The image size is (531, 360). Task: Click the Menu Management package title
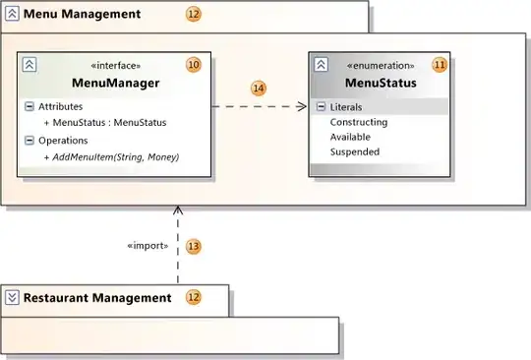82,14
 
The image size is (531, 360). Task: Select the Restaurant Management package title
97,298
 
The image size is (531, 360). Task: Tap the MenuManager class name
115,83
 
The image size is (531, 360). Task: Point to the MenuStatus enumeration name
381,83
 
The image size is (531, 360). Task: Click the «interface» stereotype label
115,65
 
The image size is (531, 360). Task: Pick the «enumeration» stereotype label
381,65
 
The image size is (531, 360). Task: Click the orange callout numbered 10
194,65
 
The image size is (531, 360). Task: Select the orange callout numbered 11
440,65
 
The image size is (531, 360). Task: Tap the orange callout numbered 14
259,89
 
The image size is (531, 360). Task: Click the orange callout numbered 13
194,246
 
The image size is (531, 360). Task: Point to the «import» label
147,246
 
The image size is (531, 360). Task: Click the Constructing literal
359,122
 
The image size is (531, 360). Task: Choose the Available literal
350,137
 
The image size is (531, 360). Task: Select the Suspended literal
355,151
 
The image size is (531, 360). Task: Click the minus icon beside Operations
29,141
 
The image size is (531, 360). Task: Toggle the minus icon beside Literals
321,106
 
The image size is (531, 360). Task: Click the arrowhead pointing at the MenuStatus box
302,106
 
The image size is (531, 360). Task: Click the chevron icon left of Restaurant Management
12,298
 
